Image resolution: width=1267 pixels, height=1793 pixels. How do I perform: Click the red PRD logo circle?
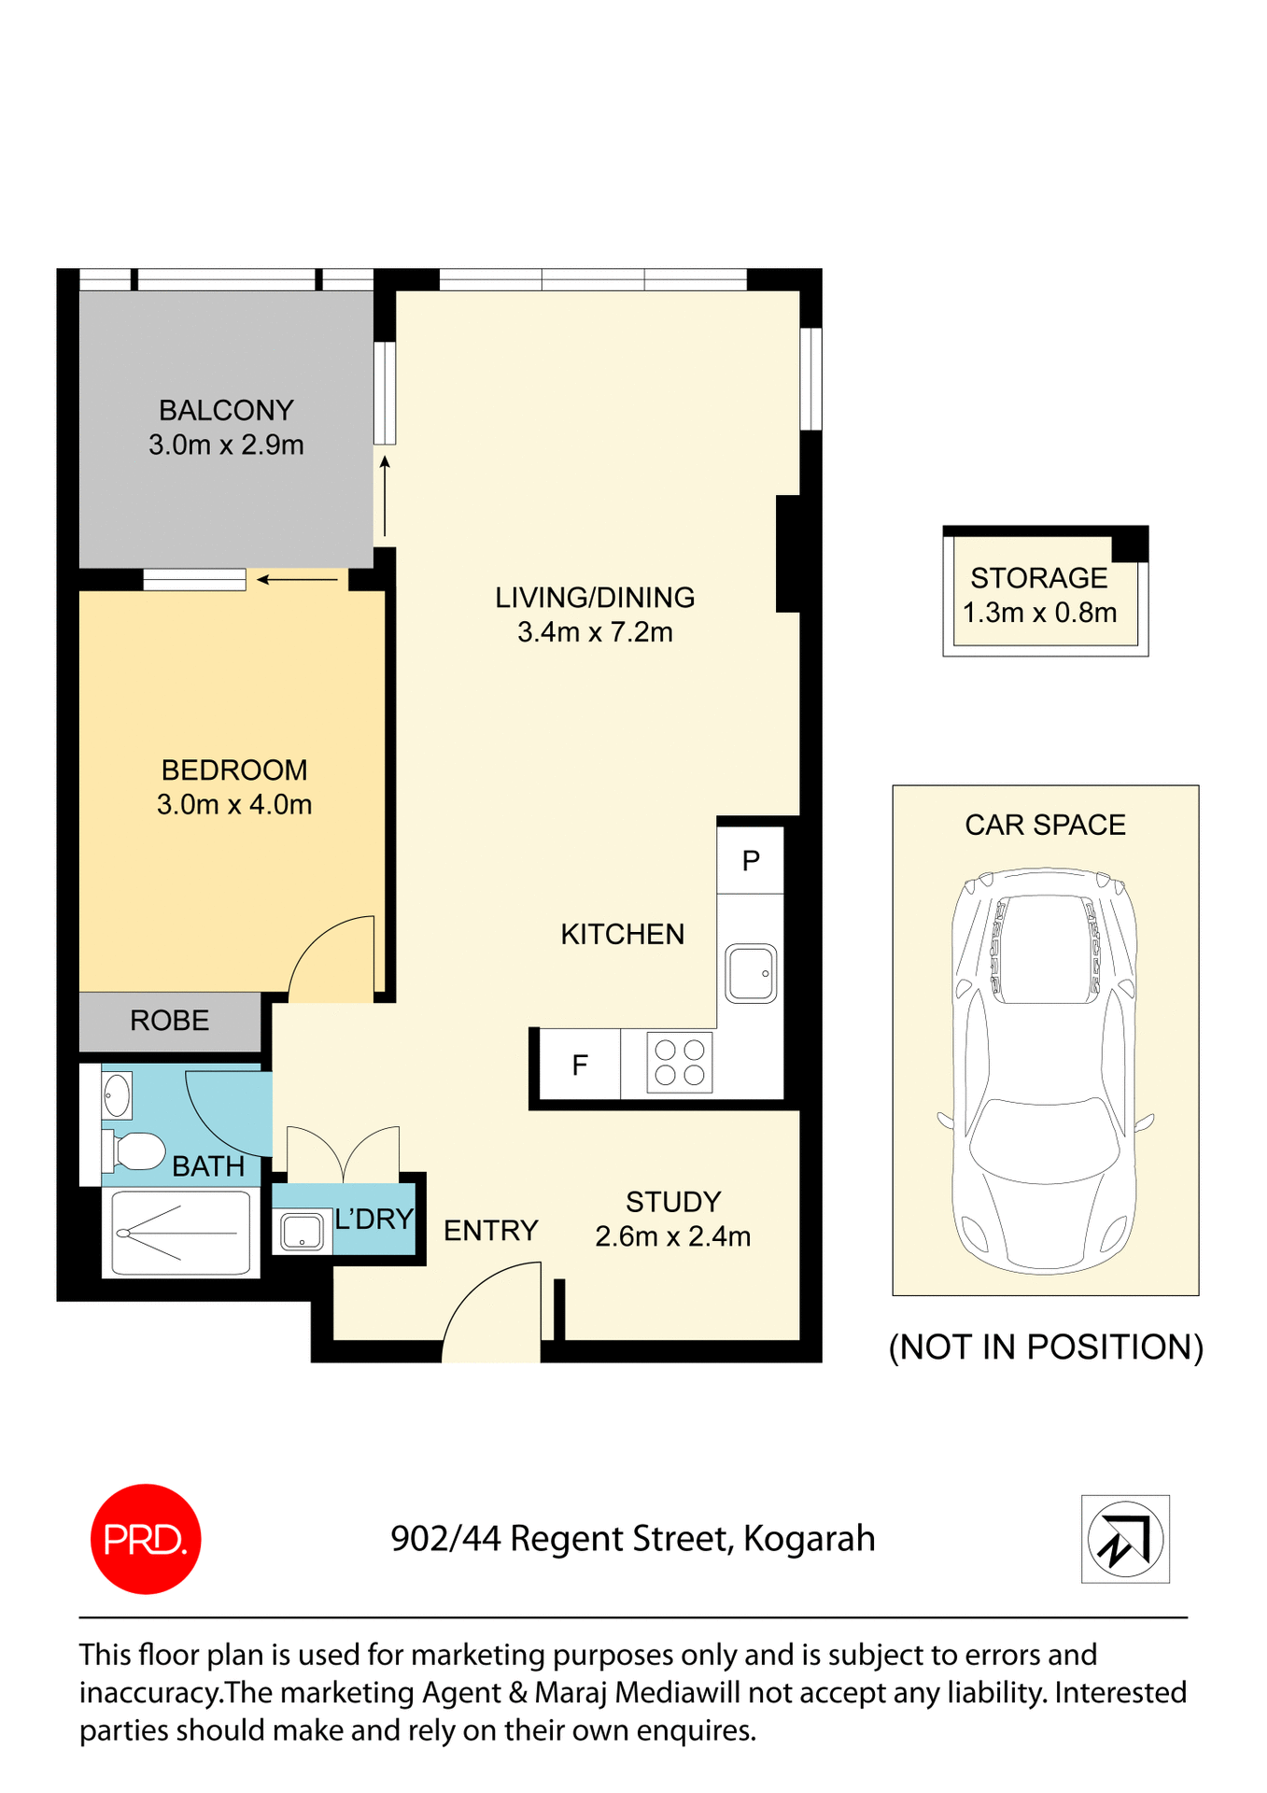point(146,1538)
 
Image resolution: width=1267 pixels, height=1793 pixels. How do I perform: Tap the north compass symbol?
point(1125,1539)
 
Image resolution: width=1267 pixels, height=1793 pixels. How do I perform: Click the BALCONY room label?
point(226,410)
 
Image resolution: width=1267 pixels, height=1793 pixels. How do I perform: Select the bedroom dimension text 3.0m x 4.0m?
point(234,804)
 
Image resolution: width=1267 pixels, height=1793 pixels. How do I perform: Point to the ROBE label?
point(170,1020)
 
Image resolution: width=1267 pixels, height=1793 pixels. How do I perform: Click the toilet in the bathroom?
point(134,1151)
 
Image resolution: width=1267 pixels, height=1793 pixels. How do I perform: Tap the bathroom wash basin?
point(117,1094)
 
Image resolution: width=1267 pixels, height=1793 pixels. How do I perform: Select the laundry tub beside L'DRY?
point(302,1232)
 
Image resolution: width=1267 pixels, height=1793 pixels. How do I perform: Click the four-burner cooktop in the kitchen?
point(680,1063)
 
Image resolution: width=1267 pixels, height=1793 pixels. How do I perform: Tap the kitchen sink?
point(751,973)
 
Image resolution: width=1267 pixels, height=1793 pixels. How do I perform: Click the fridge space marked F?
point(580,1065)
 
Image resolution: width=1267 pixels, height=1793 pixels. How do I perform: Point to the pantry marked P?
point(751,860)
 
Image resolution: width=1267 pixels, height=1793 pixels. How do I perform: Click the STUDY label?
point(673,1201)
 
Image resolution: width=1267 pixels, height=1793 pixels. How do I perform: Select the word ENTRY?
point(491,1230)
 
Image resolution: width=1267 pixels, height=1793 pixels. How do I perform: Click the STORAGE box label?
point(1039,577)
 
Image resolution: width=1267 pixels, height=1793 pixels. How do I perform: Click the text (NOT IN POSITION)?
point(1046,1347)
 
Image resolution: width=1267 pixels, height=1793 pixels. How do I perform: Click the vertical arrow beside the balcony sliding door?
point(385,495)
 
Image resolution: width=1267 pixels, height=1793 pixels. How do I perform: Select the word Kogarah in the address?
point(809,1538)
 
